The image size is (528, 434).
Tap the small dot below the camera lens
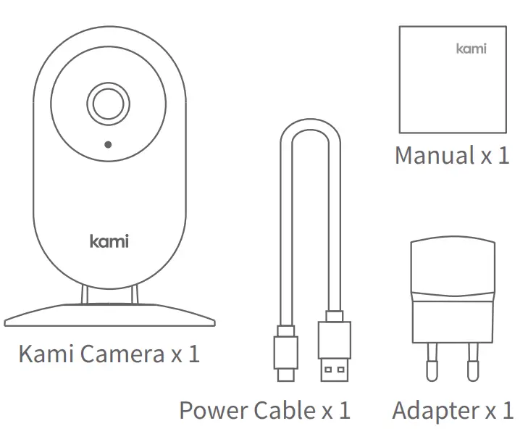(107, 144)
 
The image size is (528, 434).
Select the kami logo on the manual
(471, 49)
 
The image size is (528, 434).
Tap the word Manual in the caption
(434, 155)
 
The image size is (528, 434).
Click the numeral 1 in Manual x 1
(503, 155)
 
